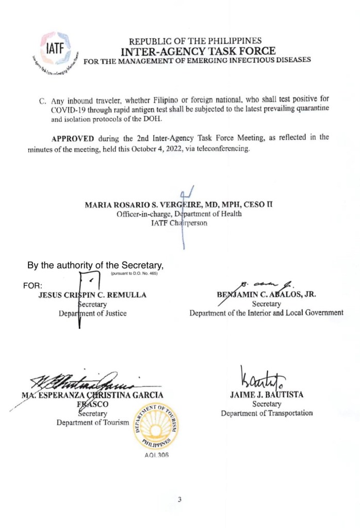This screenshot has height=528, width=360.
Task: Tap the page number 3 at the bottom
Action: point(179,499)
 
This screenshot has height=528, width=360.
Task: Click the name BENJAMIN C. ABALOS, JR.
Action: point(266,295)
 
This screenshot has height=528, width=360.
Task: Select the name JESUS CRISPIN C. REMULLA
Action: point(92,295)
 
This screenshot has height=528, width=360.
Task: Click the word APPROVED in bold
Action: point(72,138)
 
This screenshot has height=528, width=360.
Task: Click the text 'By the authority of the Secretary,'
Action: point(95,266)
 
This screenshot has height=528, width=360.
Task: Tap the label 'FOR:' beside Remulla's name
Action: point(33,285)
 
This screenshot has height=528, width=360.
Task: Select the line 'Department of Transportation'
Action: point(267,413)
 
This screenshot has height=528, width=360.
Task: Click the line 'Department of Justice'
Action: point(92,313)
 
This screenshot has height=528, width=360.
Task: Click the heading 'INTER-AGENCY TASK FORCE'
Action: point(198,51)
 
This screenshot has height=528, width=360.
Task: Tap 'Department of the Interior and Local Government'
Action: point(266,313)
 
